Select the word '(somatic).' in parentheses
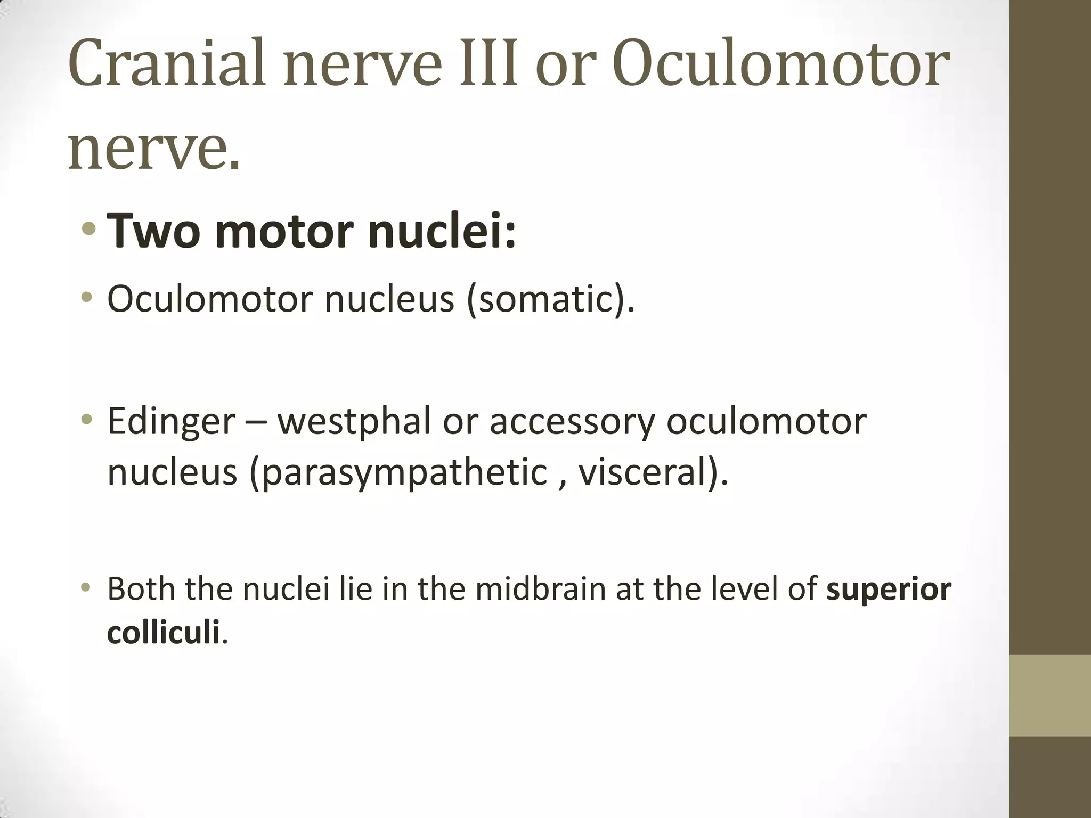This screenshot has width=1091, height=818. [551, 300]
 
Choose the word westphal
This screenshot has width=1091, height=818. [354, 421]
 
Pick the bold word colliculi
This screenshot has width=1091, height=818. [164, 633]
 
